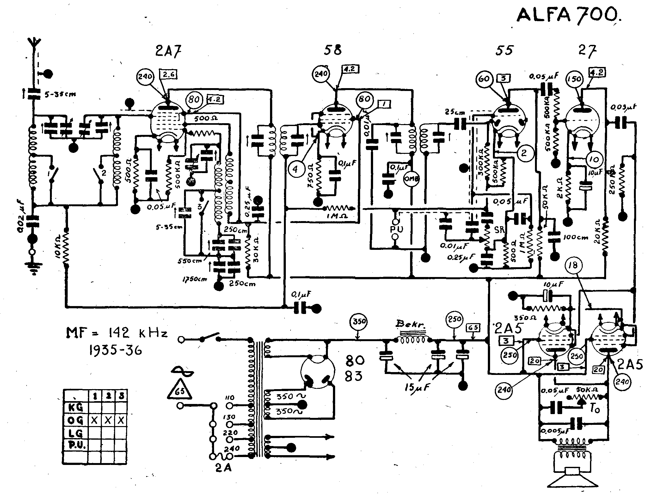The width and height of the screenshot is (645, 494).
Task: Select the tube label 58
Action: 333,51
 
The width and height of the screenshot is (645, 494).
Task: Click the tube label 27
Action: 587,51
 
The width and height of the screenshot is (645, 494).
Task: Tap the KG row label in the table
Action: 76,407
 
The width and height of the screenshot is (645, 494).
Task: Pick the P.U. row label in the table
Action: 76,445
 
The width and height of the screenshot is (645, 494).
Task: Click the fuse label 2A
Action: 223,476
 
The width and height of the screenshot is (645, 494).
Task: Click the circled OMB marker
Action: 411,178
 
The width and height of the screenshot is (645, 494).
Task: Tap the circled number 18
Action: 573,266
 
